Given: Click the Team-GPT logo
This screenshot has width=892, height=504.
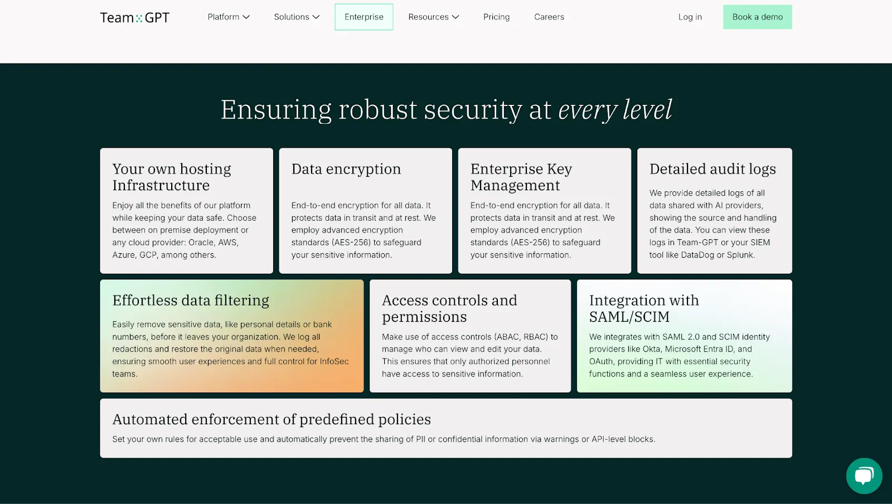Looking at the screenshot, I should click(134, 18).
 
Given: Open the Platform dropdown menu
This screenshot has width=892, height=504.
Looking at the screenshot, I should click(229, 17).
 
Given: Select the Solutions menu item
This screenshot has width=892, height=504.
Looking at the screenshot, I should click(297, 17).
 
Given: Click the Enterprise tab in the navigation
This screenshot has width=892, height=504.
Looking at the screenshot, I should click(363, 17).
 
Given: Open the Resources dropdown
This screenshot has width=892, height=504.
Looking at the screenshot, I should click(433, 17).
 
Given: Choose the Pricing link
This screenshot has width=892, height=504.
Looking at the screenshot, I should click(496, 17).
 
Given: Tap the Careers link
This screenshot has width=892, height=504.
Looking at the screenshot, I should click(549, 17).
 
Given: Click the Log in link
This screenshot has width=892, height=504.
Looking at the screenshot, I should click(690, 17).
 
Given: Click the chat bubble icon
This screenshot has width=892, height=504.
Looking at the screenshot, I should click(864, 476).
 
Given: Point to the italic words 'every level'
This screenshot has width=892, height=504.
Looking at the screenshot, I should click(615, 110).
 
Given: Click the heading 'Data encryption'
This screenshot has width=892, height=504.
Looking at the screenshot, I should click(346, 169).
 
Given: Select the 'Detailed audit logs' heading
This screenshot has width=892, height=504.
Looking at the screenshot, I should click(712, 169).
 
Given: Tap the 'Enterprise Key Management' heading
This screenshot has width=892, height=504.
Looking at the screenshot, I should click(521, 177).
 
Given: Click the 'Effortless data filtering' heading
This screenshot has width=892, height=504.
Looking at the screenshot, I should click(191, 301).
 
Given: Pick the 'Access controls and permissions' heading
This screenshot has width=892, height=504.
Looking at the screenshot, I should click(449, 308).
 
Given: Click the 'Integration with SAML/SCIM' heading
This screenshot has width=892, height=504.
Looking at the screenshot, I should click(643, 308).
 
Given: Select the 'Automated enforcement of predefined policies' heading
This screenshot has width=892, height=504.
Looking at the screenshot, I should click(272, 419).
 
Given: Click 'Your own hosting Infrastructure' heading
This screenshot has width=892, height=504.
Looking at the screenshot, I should click(171, 177).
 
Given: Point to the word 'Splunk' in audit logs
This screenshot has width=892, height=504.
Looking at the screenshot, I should click(740, 255).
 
